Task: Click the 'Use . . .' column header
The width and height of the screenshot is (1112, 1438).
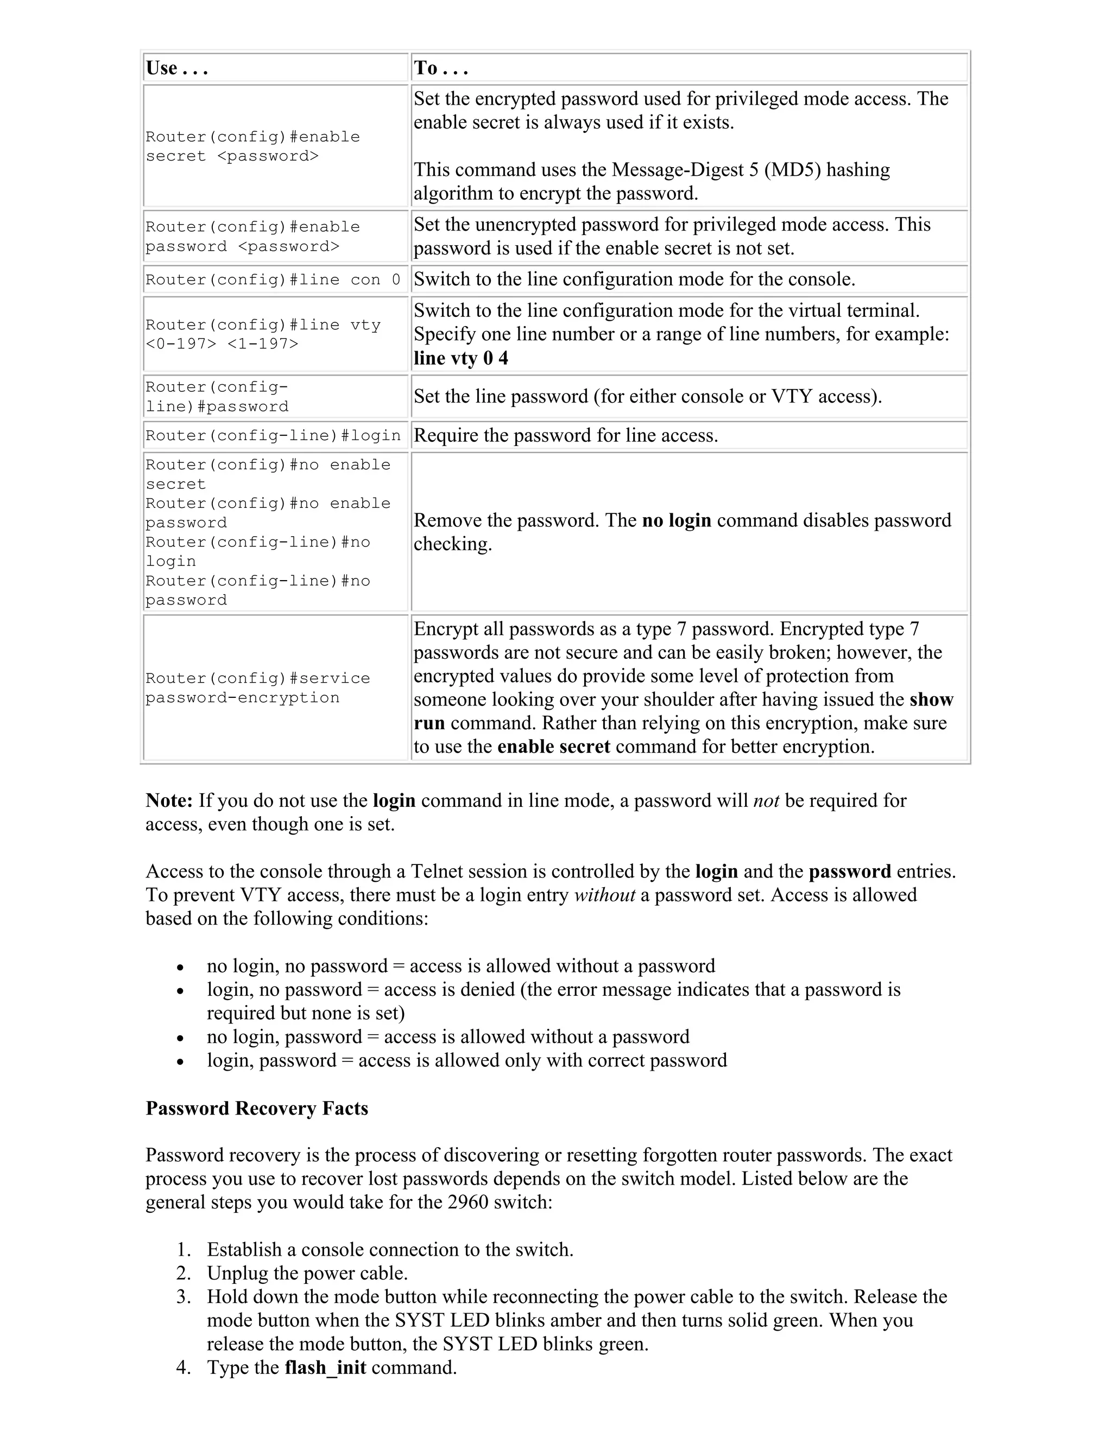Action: tap(176, 68)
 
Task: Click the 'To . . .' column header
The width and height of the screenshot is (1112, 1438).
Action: tap(440, 68)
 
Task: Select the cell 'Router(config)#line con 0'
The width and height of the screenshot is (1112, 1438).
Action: tap(273, 280)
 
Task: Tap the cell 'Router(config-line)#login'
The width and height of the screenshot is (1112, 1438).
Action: tap(273, 436)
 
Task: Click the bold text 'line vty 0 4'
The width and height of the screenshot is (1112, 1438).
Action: tap(460, 358)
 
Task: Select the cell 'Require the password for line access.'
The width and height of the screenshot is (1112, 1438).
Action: tap(565, 436)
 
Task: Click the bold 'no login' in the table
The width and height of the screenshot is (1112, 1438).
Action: tap(677, 520)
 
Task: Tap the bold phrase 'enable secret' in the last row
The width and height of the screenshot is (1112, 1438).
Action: tap(553, 747)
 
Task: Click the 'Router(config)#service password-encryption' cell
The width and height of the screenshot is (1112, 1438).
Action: tap(257, 688)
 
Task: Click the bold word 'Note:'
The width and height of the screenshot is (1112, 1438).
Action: tap(169, 800)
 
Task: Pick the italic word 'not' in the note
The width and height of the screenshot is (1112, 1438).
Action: tap(766, 800)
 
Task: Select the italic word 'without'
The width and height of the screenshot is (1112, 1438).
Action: tap(605, 895)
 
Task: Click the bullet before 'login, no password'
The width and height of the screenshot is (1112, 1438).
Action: tap(180, 990)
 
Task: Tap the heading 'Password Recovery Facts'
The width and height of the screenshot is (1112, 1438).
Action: tap(256, 1108)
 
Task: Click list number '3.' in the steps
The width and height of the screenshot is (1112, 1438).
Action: tap(184, 1296)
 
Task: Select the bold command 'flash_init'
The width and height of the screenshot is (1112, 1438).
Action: tap(325, 1367)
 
